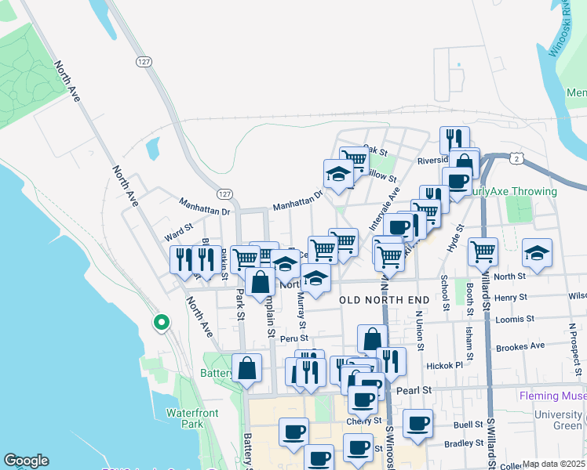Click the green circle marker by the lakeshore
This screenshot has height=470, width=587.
[x=161, y=322]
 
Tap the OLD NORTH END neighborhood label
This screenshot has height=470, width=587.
[x=385, y=300]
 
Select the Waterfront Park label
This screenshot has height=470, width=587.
[x=185, y=418]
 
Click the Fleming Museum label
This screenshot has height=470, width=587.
[x=552, y=396]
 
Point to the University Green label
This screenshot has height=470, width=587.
[x=558, y=420]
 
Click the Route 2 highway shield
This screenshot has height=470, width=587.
[x=515, y=159]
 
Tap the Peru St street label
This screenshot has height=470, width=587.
[x=293, y=338]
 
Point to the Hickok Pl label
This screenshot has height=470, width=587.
[x=443, y=366]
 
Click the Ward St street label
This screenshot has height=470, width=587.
[x=178, y=236]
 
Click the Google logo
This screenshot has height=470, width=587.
[x=27, y=461]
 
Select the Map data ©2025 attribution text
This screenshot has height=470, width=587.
[x=553, y=464]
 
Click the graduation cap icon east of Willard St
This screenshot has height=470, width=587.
[x=537, y=253]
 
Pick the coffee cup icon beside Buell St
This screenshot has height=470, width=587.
[x=417, y=424]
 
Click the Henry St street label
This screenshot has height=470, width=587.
[x=510, y=298]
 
